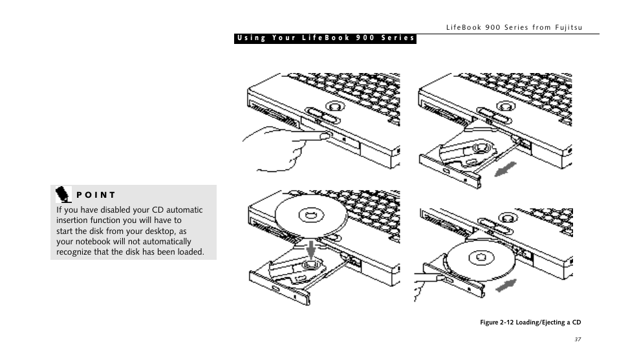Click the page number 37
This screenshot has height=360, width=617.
tap(578, 339)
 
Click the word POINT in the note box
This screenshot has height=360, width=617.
tap(96, 195)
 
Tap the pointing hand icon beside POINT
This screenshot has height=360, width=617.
tap(63, 194)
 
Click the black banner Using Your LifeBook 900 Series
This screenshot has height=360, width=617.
tap(325, 38)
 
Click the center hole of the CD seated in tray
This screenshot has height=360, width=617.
tap(481, 258)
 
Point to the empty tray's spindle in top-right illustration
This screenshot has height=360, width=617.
tap(479, 148)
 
